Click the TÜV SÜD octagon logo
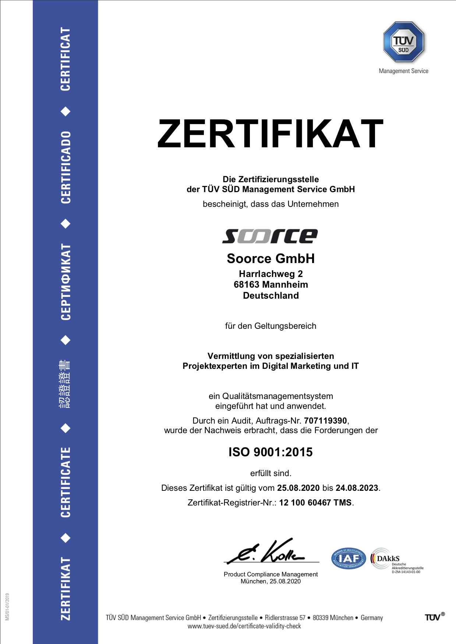coord(403,42)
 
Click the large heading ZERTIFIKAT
coord(271,134)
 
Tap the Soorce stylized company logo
coord(270,236)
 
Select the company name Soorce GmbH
coord(271,259)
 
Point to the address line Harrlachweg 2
coord(271,274)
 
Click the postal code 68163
coord(246,285)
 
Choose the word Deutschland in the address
coord(271,296)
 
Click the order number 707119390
coord(325,421)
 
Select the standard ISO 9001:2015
coord(271,452)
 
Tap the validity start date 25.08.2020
coord(298,488)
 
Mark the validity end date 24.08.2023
coord(357,488)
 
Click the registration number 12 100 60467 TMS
coord(315,503)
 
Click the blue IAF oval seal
coord(348,559)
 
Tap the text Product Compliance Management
coord(271,574)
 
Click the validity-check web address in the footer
coord(244,626)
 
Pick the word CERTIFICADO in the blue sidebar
coord(66,167)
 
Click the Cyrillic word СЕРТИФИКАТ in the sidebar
coord(66,282)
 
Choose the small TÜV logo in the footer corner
coord(435,617)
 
